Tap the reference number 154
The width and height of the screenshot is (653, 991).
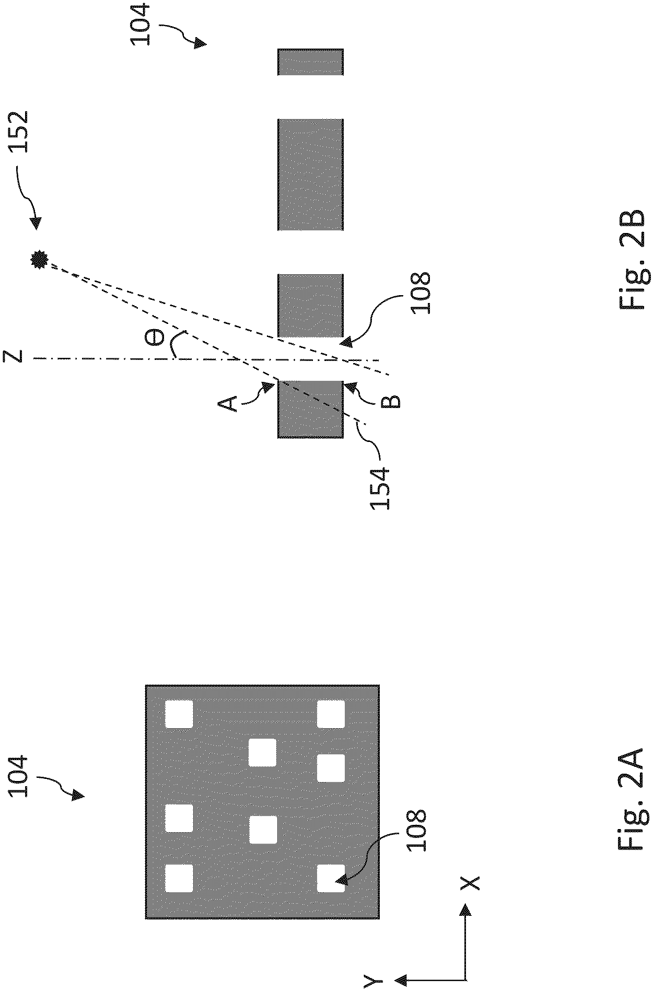pyautogui.click(x=380, y=488)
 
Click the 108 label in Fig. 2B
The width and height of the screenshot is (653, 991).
pyautogui.click(x=421, y=292)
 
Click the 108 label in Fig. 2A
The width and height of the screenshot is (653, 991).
pyautogui.click(x=416, y=831)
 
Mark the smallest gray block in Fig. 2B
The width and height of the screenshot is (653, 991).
pyautogui.click(x=310, y=62)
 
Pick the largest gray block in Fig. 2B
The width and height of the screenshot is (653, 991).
pyautogui.click(x=310, y=174)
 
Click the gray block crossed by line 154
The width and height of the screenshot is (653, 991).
pyautogui.click(x=310, y=409)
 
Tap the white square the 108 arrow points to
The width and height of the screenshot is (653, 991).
pyautogui.click(x=331, y=878)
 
